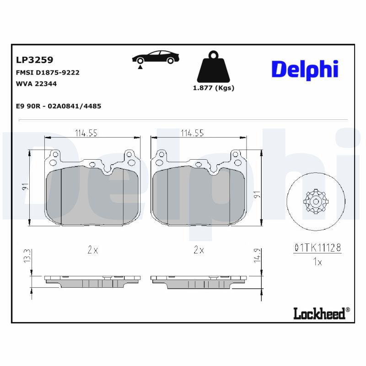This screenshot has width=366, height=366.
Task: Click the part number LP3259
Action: tap(35, 60)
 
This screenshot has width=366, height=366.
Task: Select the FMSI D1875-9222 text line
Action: tap(48, 73)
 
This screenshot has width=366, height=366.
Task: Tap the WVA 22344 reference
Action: tap(37, 84)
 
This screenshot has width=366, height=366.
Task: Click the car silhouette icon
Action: tap(156, 58)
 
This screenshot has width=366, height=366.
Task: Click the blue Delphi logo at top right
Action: tap(305, 69)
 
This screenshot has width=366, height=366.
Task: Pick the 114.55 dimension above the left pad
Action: tap(86, 133)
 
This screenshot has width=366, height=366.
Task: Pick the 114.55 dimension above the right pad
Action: tap(192, 133)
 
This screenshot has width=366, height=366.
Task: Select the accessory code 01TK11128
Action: tap(317, 248)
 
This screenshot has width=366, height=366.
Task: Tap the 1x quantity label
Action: tap(317, 262)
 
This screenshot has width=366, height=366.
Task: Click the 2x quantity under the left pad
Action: tap(92, 250)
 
